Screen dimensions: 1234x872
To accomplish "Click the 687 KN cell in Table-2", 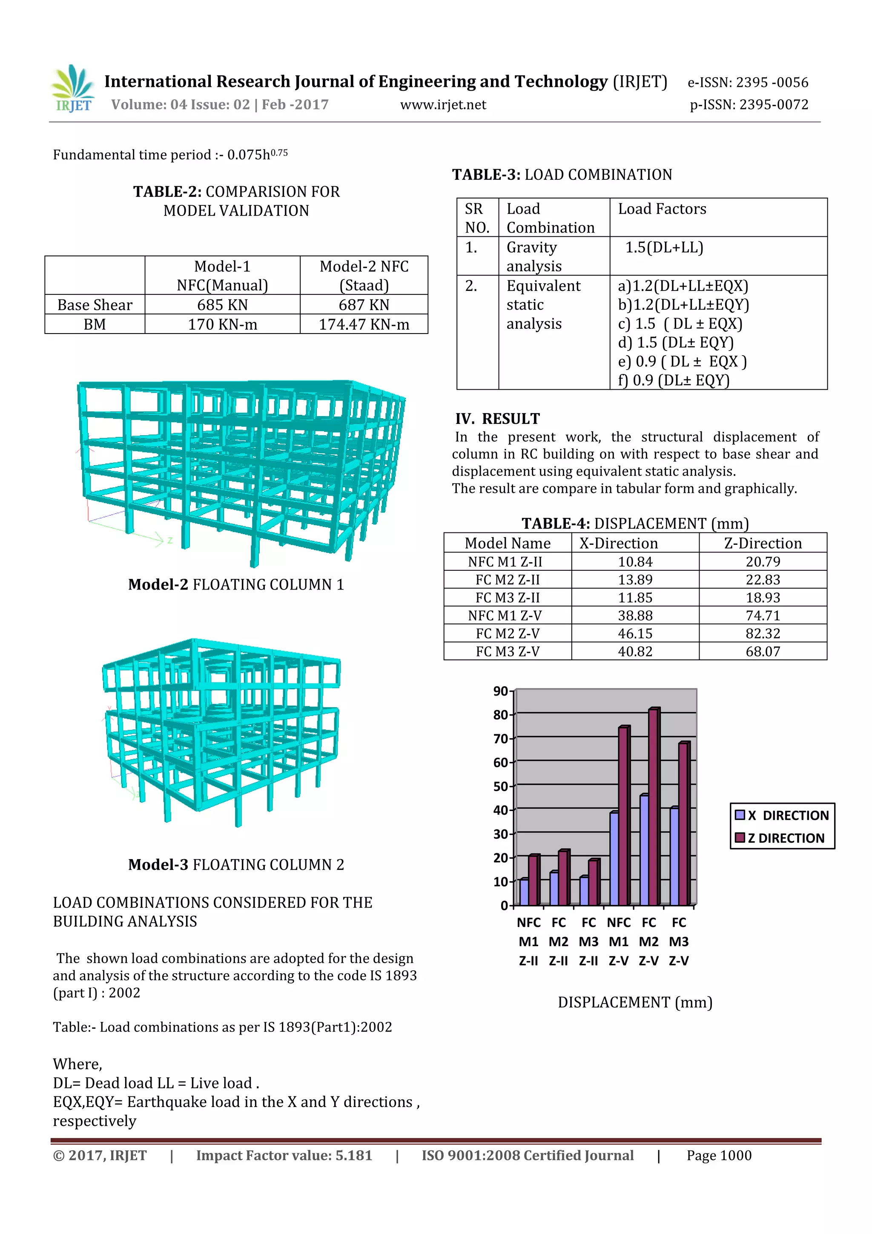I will click(x=364, y=305).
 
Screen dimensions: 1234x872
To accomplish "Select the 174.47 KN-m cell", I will click(x=364, y=325).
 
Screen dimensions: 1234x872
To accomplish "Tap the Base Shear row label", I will click(x=95, y=305).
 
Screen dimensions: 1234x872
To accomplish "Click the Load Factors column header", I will click(x=662, y=209).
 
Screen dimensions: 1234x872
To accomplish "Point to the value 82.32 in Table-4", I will click(x=763, y=633).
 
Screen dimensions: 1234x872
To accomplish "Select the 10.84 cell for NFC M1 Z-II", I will click(x=635, y=562).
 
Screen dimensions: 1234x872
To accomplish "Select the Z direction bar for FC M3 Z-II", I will click(x=594, y=883).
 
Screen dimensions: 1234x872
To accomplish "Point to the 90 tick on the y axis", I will click(x=501, y=691).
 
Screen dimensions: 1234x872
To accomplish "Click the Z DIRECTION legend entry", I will click(x=784, y=838).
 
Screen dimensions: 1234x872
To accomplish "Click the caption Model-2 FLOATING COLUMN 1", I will click(x=236, y=584).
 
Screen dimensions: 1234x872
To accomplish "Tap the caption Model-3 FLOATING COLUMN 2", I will click(x=236, y=864).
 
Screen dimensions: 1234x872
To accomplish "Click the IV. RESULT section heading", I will click(x=497, y=419).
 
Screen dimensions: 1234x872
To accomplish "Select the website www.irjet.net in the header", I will click(x=443, y=105).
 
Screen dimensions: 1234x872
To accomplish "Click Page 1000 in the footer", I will click(x=719, y=1155).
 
